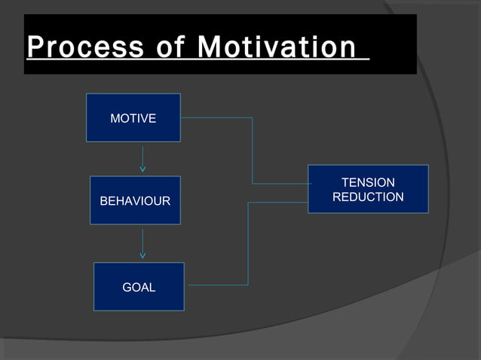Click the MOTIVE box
coord(133,117)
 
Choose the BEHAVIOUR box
coord(135,200)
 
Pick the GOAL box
coord(139,286)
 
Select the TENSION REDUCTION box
coord(368,188)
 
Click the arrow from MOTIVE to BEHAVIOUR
coord(142,158)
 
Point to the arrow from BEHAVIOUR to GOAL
coord(142,243)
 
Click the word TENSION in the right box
coord(368,183)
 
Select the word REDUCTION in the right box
coord(368,197)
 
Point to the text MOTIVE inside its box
coord(133,118)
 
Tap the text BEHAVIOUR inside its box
coord(135,201)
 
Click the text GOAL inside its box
coord(139,287)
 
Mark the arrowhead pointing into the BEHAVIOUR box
coord(142,169)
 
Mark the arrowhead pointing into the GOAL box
coord(142,255)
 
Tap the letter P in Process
coord(35,47)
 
